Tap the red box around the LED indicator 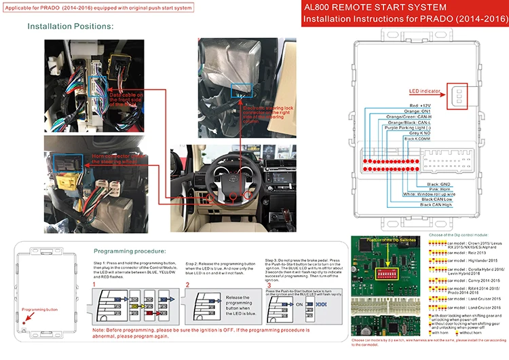(x=459, y=96)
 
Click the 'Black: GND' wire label (x=439, y=183)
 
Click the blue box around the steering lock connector (x=238, y=90)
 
